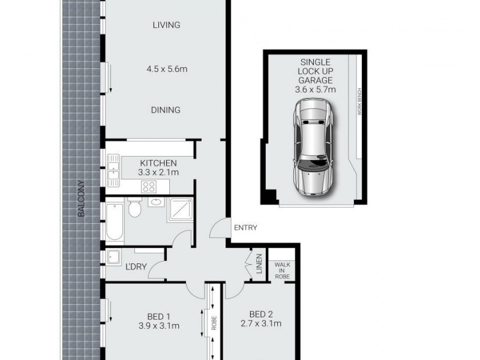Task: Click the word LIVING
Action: click(166, 25)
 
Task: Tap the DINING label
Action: click(166, 110)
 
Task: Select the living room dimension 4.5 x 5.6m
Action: click(166, 69)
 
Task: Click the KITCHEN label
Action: click(158, 163)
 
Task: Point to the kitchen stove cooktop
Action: click(149, 187)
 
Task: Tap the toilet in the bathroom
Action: click(135, 208)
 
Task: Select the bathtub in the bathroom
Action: click(114, 222)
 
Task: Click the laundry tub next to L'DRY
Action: click(113, 258)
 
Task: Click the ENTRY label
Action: click(245, 227)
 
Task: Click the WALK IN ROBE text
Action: click(282, 270)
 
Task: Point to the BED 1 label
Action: click(160, 316)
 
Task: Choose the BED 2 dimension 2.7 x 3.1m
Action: click(261, 325)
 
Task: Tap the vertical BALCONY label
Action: click(80, 199)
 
